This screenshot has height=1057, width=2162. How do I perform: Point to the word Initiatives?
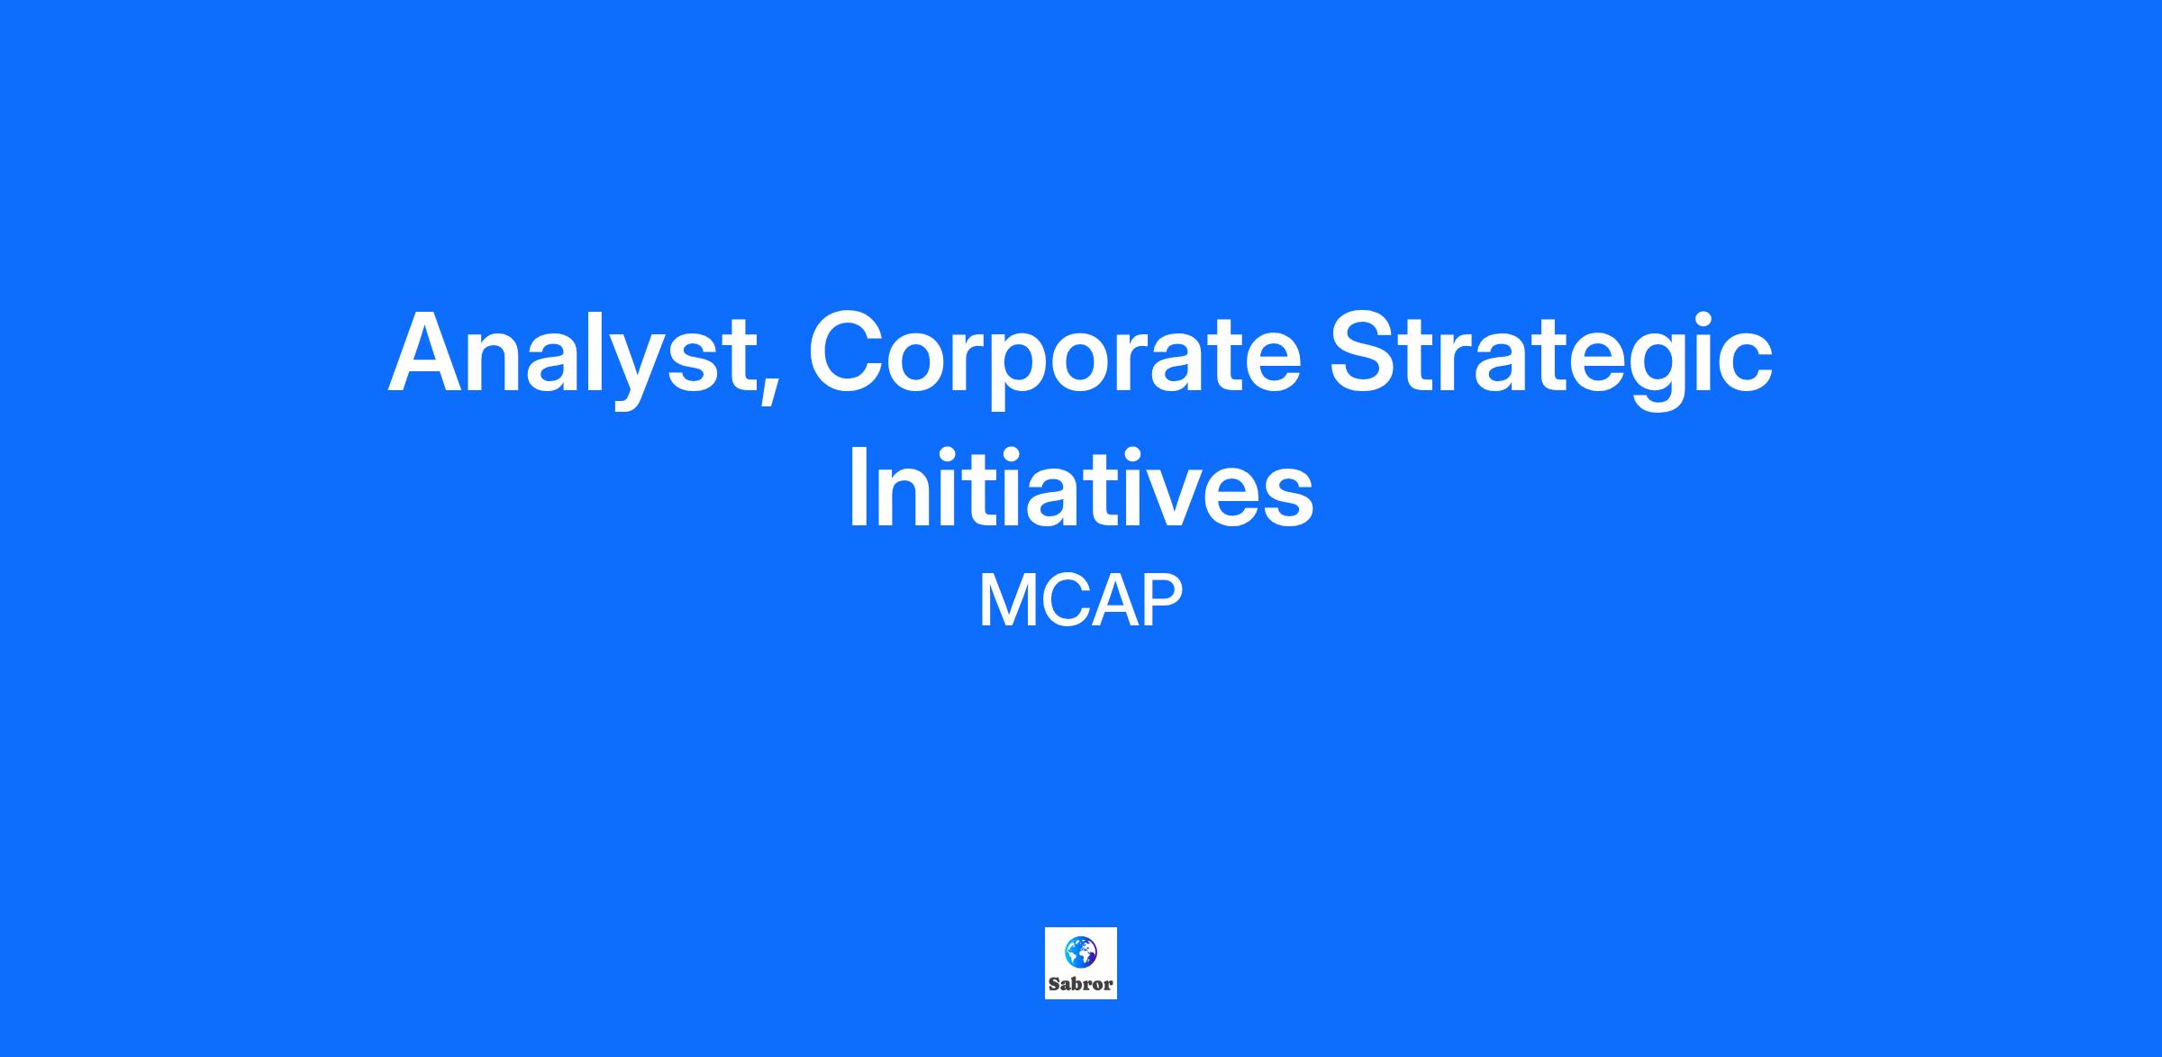pos(1081,484)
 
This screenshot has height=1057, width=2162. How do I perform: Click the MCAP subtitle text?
pos(1080,602)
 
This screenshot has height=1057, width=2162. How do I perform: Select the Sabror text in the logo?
pos(1080,984)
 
